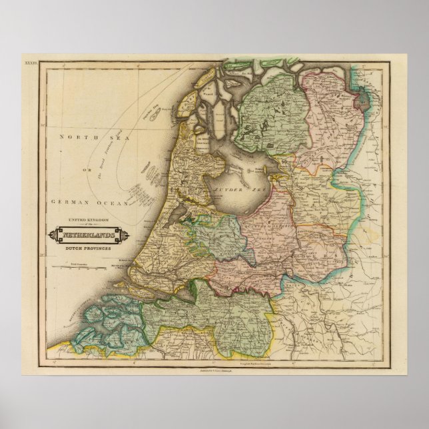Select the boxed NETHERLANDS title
coord(85,235)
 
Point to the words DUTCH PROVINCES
coord(85,248)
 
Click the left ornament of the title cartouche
coord(51,235)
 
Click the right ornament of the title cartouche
coord(119,235)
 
